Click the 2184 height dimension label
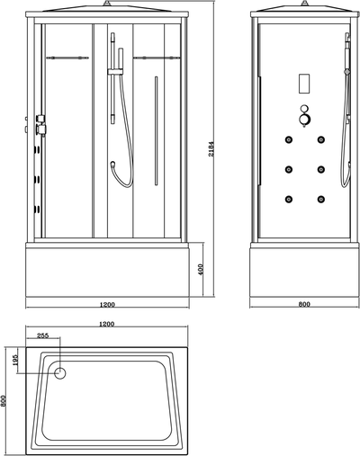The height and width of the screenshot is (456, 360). pyautogui.click(x=211, y=148)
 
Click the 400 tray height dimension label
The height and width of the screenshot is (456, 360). pyautogui.click(x=201, y=269)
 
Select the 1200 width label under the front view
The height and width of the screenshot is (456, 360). pyautogui.click(x=107, y=305)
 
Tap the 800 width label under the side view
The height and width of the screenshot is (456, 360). pyautogui.click(x=304, y=304)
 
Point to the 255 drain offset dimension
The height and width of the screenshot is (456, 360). pyautogui.click(x=42, y=335)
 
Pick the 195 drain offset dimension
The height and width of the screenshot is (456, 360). pyautogui.click(x=16, y=360)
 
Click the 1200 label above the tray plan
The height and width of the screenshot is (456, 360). pyautogui.click(x=106, y=324)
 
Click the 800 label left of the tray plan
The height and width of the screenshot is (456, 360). pyautogui.click(x=4, y=400)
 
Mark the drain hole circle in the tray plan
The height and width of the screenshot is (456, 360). pyautogui.click(x=60, y=373)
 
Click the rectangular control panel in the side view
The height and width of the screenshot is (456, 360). pyautogui.click(x=304, y=84)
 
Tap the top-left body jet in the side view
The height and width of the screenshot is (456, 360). pyautogui.click(x=289, y=139)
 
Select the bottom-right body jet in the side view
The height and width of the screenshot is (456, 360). pyautogui.click(x=321, y=199)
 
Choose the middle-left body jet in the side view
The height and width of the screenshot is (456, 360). pyautogui.click(x=289, y=169)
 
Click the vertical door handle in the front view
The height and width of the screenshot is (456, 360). pyautogui.click(x=156, y=130)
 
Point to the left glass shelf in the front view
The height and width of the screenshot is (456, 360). pyautogui.click(x=67, y=58)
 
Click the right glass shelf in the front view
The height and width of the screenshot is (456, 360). pyautogui.click(x=157, y=58)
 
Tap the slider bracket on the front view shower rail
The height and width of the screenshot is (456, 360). pyautogui.click(x=115, y=71)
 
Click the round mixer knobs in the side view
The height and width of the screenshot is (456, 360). pyautogui.click(x=305, y=116)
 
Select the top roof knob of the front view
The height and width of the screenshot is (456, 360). pyautogui.click(x=106, y=4)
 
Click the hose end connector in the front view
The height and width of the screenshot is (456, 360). pyautogui.click(x=113, y=164)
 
